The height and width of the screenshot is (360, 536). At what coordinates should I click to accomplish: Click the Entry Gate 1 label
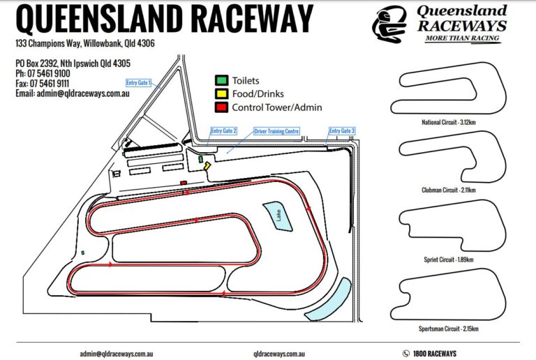[138, 82]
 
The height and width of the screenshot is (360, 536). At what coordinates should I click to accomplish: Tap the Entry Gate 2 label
[224, 130]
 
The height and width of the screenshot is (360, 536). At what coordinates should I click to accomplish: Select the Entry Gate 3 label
[342, 130]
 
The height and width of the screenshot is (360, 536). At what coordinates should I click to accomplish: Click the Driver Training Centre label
[276, 130]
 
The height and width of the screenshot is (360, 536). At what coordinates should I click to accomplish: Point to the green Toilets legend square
[221, 81]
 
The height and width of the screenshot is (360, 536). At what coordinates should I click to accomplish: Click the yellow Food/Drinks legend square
[221, 94]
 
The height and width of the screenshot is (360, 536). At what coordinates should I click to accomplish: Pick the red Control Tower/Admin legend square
[221, 107]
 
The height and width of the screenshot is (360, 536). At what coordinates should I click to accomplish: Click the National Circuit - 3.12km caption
[449, 123]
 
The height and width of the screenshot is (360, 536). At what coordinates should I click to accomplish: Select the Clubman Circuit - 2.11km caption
[449, 190]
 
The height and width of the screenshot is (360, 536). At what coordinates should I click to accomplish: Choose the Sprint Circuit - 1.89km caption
[449, 260]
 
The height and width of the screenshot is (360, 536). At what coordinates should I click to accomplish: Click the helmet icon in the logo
[388, 24]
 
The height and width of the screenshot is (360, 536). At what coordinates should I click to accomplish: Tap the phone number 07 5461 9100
[49, 73]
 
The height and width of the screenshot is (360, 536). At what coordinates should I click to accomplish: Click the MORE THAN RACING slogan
[463, 39]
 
